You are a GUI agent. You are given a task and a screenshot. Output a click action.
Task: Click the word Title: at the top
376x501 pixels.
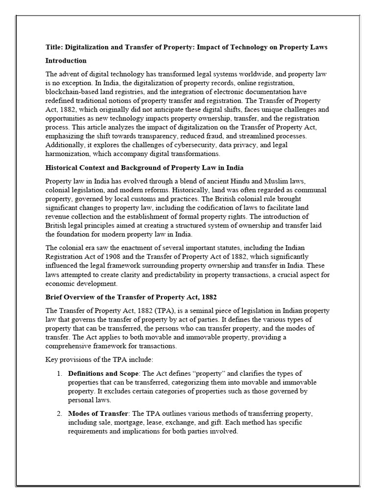54,47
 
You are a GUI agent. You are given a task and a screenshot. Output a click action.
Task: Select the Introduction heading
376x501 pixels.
66,61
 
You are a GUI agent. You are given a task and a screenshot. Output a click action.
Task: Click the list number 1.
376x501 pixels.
59,374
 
